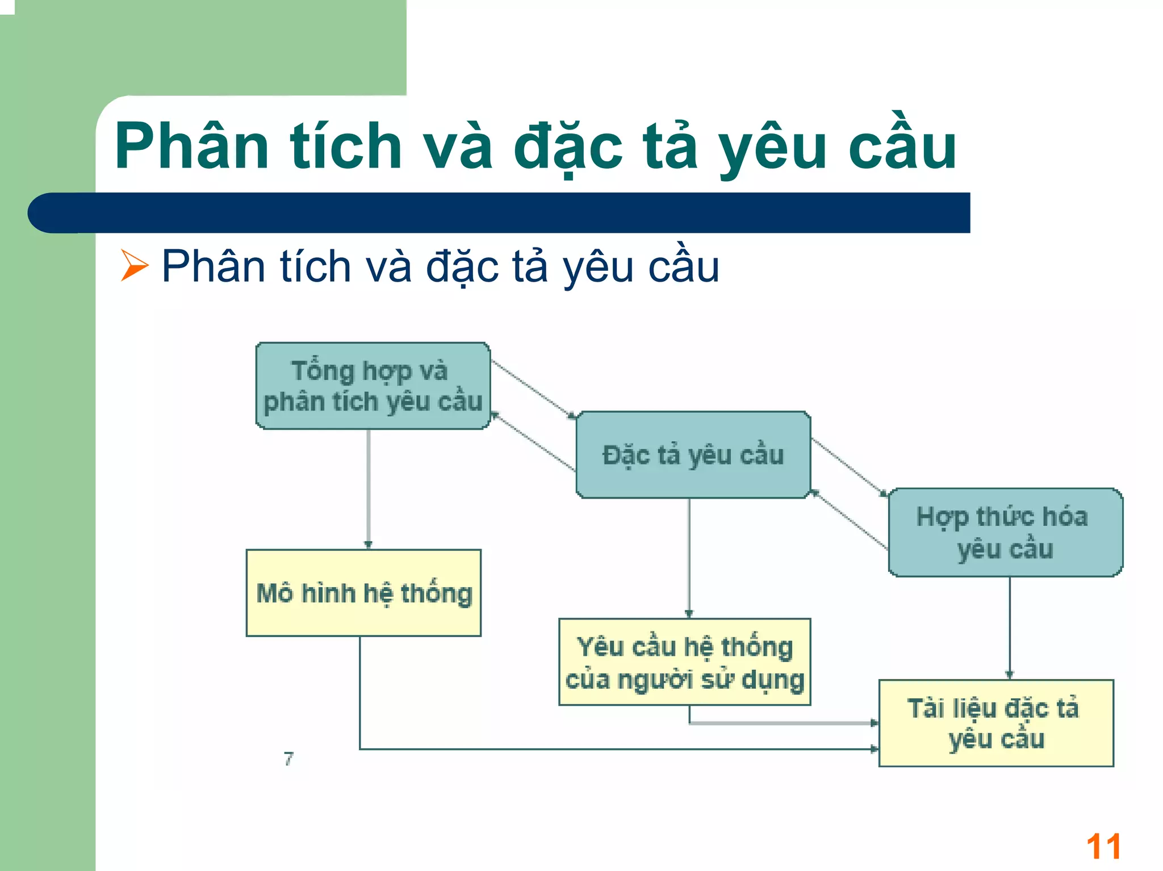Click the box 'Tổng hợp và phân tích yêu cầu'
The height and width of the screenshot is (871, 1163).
373,386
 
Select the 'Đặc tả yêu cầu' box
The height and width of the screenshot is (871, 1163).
693,455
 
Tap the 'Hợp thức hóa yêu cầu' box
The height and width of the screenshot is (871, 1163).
1005,532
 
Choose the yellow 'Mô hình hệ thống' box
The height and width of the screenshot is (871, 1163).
363,593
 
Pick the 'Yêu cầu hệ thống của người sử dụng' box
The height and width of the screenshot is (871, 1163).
684,662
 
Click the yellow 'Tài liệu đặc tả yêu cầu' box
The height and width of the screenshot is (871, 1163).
995,723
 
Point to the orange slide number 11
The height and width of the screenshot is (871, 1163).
1103,847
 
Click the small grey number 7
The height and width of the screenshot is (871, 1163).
289,759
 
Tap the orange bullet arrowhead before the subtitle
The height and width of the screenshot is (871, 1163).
134,266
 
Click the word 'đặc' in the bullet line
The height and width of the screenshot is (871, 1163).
462,267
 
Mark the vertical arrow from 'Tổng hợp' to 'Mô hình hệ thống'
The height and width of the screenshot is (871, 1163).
369,488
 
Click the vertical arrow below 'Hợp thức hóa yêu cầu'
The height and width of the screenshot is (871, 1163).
1009,627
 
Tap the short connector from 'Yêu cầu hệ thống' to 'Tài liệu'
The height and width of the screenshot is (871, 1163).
784,723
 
